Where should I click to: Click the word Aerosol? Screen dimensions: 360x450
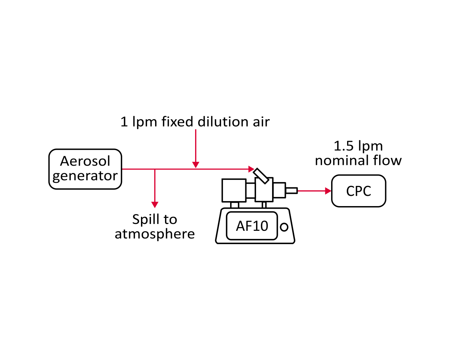pos(85,161)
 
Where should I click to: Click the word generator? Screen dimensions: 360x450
pos(85,176)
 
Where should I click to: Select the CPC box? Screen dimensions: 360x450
pos(359,191)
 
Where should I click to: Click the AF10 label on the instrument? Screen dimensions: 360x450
pos(252,226)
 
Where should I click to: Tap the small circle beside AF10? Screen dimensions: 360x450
pos(284,227)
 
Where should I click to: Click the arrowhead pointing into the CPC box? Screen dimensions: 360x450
pos(328,191)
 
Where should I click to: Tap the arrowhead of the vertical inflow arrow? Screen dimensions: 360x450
pos(195,165)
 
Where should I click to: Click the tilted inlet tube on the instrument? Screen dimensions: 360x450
pos(262,176)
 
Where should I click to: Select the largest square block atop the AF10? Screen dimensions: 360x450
pos(234,190)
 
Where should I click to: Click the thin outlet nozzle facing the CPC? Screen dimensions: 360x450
pos(291,190)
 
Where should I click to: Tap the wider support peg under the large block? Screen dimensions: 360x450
pos(235,205)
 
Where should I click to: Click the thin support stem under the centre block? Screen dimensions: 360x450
pos(264,205)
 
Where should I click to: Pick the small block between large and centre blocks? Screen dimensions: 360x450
pos(250,190)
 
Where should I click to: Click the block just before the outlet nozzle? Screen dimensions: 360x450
pos(279,190)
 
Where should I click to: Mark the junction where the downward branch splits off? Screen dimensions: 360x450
pos(155,169)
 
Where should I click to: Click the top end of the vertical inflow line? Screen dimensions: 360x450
pos(195,130)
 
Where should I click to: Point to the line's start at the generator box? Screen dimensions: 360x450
pos(122,169)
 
